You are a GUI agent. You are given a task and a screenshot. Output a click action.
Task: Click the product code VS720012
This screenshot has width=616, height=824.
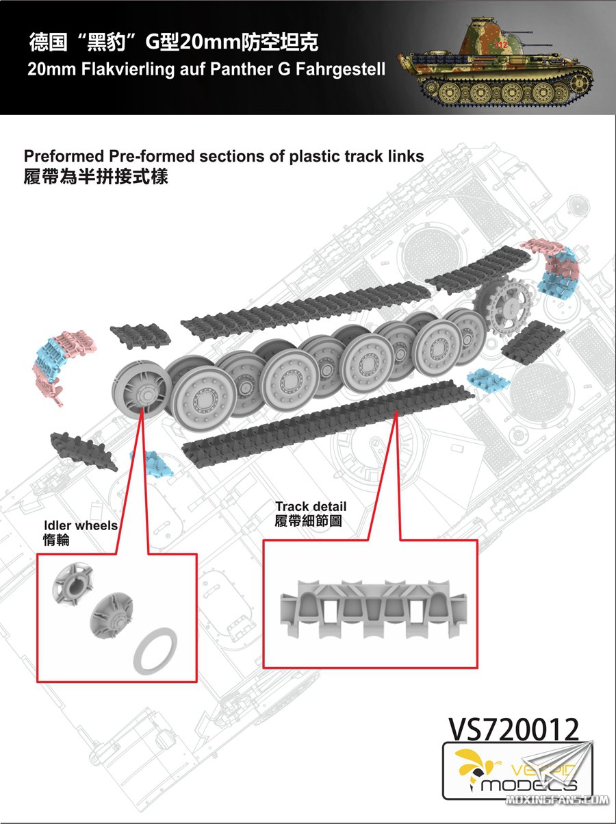(x=513, y=731)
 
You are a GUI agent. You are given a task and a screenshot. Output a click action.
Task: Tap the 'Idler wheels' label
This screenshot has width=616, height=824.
(x=81, y=526)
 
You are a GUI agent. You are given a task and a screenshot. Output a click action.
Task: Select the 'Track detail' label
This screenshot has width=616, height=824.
(x=311, y=507)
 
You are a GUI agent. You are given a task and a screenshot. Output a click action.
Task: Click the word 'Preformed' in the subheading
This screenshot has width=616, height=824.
(x=62, y=156)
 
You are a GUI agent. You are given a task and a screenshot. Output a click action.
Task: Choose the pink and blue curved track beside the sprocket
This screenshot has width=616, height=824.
(x=554, y=267)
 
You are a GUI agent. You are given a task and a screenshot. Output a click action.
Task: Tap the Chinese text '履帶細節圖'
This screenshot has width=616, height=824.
(x=308, y=521)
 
